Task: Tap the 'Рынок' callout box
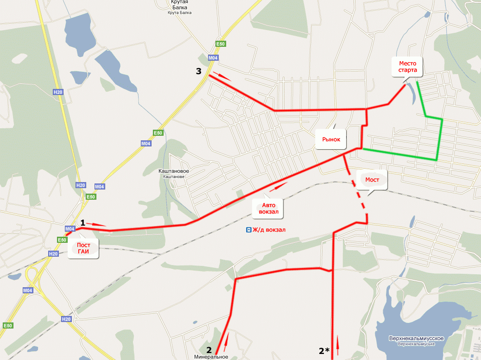pyautogui.click(x=331, y=139)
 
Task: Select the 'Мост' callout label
pyautogui.click(x=372, y=180)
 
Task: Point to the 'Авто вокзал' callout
pyautogui.click(x=269, y=209)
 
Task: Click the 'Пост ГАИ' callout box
pyautogui.click(x=83, y=248)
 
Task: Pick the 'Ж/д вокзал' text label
pyautogui.click(x=269, y=229)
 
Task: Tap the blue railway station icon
pyautogui.click(x=249, y=229)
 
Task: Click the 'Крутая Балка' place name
pyautogui.click(x=178, y=5)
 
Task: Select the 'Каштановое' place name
pyautogui.click(x=174, y=171)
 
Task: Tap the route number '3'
pyautogui.click(x=198, y=71)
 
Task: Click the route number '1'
pyautogui.click(x=82, y=222)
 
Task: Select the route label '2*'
pyautogui.click(x=324, y=351)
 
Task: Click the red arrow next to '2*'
pyautogui.click(x=338, y=344)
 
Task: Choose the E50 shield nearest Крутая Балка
pyautogui.click(x=221, y=44)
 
